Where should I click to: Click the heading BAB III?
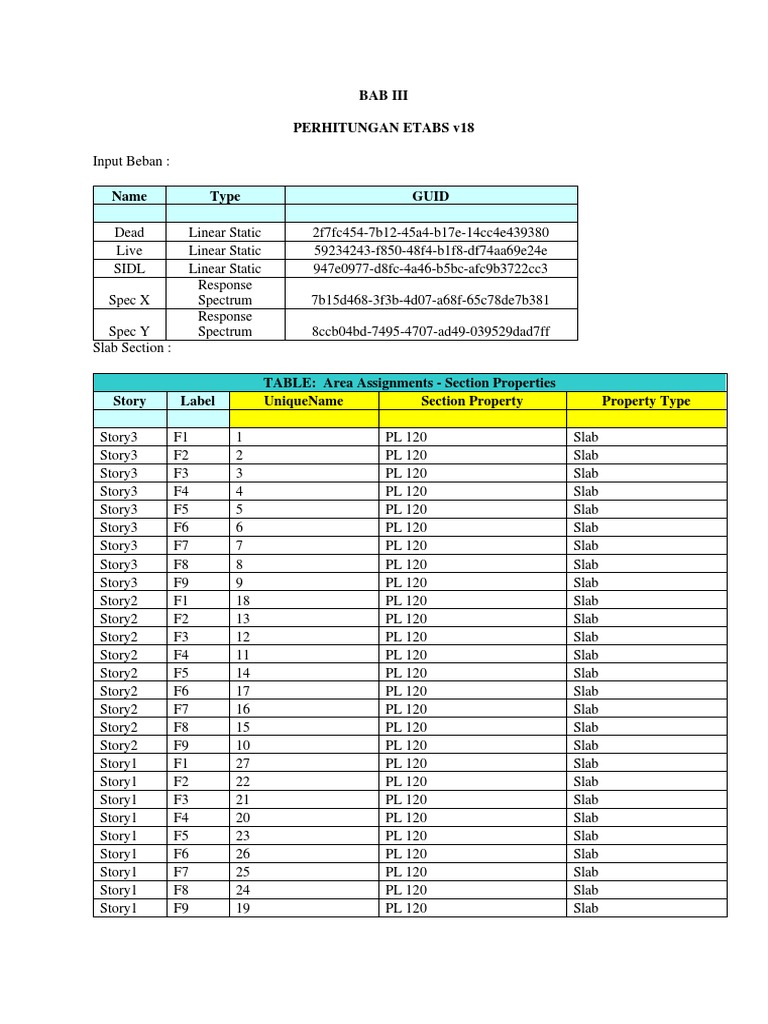[384, 96]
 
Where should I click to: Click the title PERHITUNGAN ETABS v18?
[383, 130]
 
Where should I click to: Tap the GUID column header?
[431, 196]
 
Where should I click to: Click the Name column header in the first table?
[129, 196]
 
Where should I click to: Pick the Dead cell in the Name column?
[129, 232]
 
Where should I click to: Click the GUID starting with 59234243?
[431, 250]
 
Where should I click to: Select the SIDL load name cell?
[129, 268]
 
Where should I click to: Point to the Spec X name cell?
[129, 300]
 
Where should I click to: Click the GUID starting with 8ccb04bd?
[431, 331]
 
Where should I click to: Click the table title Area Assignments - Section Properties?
[409, 383]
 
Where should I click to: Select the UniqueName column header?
[303, 401]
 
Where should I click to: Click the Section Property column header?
[472, 401]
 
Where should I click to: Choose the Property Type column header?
[646, 401]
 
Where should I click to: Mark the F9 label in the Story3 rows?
[181, 582]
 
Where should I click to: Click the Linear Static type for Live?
[225, 250]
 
